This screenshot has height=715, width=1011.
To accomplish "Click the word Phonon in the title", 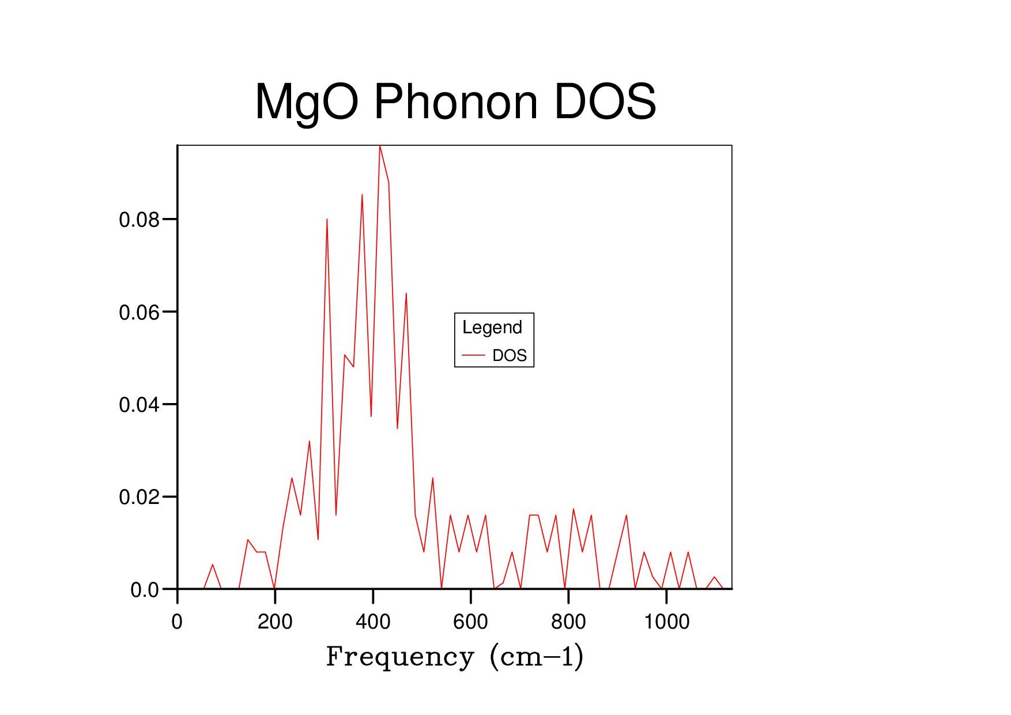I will (x=455, y=102).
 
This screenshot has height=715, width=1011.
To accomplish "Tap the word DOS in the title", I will (x=605, y=102).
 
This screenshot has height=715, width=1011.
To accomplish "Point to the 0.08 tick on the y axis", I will (x=139, y=220).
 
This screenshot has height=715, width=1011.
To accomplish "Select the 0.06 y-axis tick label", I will (x=139, y=313).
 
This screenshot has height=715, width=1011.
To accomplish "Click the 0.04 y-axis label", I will (x=139, y=405).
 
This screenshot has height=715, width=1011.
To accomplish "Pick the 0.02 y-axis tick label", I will (x=139, y=497).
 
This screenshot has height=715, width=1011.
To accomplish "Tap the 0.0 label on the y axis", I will (x=145, y=590).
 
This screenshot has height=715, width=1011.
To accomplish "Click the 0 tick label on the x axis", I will (x=177, y=622).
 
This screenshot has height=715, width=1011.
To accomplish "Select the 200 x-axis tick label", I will (x=275, y=622).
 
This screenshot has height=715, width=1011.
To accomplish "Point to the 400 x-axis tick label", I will (x=373, y=622).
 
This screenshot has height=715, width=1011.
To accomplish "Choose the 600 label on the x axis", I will (x=470, y=622).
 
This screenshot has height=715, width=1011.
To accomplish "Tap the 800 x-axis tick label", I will (x=568, y=622).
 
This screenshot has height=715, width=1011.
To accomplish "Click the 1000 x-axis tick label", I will (x=666, y=622).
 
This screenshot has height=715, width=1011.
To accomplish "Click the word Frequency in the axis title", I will (x=399, y=657).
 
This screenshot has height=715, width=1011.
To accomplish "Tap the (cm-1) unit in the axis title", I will (x=536, y=657).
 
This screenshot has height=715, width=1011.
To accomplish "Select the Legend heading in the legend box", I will (x=492, y=328).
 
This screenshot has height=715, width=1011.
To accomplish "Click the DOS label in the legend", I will (x=510, y=356).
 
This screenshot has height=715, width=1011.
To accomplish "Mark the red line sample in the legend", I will (x=473, y=356).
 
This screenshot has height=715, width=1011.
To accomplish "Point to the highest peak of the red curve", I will (x=380, y=146).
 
